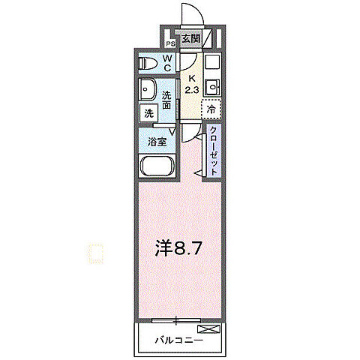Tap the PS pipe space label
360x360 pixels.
click(x=171, y=43)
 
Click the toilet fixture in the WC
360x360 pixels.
click(x=148, y=64)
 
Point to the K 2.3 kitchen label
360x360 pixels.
click(x=191, y=83)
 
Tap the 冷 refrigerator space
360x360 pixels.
click(x=211, y=109)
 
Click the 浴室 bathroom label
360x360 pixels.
click(x=157, y=140)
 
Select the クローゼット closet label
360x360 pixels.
click(x=214, y=150)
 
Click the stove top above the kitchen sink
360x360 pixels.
click(x=212, y=62)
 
